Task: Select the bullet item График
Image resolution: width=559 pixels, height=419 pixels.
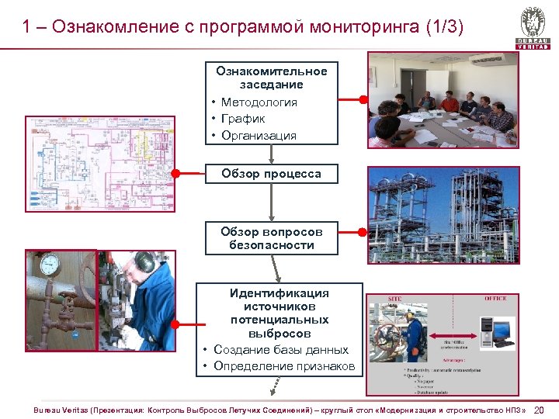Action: [x=242, y=119]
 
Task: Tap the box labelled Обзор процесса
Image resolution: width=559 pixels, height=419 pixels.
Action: [x=271, y=174]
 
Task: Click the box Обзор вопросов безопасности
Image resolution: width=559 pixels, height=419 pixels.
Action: [x=271, y=238]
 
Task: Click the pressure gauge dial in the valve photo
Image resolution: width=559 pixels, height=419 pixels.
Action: [x=50, y=264]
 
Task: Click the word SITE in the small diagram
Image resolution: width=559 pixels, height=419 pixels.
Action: [x=395, y=298]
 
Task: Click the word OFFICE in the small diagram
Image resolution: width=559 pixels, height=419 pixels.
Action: [x=495, y=298]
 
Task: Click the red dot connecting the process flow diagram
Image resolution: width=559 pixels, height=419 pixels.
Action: [x=175, y=174]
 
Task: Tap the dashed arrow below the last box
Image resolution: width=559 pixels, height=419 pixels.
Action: [x=272, y=385]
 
